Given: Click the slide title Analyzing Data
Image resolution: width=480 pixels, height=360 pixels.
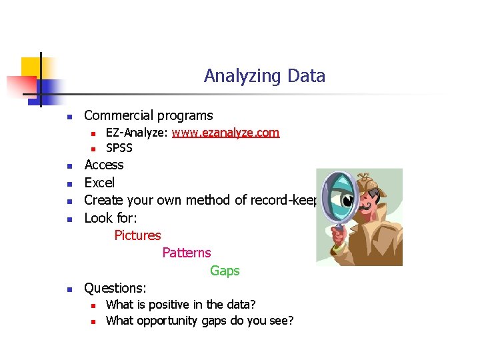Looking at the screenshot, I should coord(265,76).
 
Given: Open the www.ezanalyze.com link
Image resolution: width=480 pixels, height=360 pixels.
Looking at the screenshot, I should coord(225,133).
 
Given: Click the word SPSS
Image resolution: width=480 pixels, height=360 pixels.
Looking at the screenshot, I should coord(119,148).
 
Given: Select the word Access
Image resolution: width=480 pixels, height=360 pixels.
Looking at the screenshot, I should coord(104,165).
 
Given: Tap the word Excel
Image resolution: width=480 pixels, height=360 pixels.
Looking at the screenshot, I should coord(99,183).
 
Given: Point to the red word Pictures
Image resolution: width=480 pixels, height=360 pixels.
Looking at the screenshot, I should coord(137,235).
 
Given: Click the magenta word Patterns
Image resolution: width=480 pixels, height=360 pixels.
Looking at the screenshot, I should coord(186,253).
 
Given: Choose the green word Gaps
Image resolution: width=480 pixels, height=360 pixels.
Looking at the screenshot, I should coord(225,271).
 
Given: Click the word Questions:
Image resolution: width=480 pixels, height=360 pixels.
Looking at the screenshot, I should coord(115,288).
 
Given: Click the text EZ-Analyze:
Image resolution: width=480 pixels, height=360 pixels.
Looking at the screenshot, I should coord(137,133).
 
